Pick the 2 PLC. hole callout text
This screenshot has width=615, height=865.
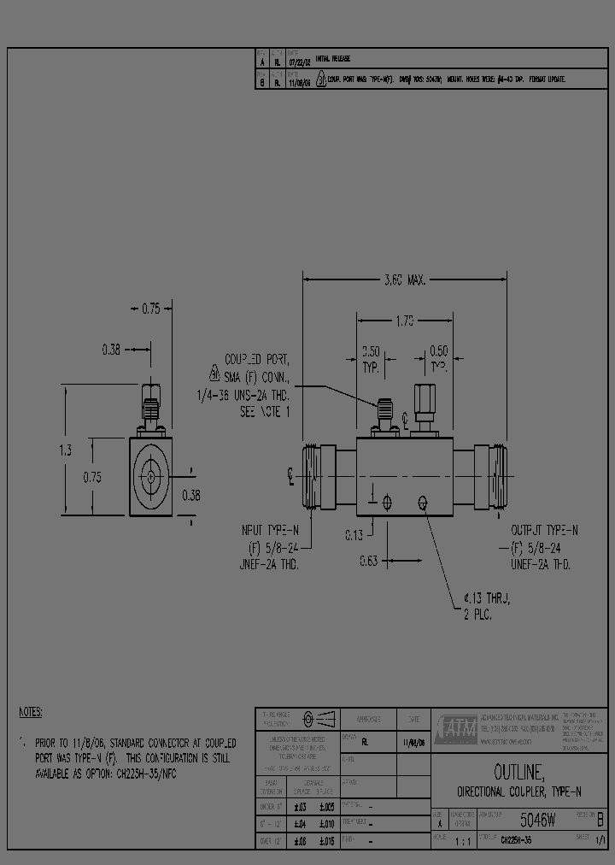[477, 615]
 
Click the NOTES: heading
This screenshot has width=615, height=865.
[31, 712]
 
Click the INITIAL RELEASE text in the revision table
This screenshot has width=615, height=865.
[332, 59]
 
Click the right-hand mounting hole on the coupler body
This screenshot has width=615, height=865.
[422, 503]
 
